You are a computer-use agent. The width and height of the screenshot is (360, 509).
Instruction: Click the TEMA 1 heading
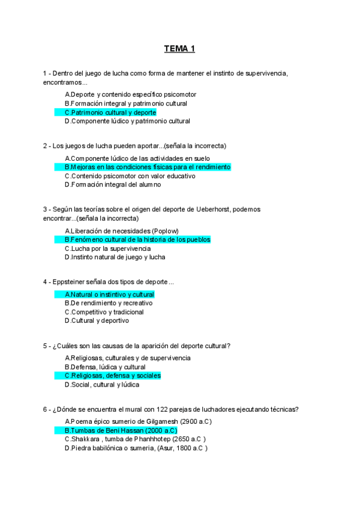(179, 49)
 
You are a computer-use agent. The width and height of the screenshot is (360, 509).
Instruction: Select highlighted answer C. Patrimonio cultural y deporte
(110, 112)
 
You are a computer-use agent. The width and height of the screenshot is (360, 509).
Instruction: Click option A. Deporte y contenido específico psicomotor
(130, 95)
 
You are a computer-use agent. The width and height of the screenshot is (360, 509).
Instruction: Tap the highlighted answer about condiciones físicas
(147, 167)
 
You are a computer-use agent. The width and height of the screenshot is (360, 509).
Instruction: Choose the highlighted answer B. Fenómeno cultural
(137, 239)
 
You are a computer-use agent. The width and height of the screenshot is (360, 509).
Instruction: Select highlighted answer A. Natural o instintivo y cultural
(109, 295)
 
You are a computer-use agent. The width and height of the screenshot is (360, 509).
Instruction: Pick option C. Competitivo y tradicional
(104, 312)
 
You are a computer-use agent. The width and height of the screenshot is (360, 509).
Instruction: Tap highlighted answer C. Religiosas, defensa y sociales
(113, 376)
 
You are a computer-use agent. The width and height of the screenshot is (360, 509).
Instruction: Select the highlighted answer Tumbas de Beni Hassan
(121, 430)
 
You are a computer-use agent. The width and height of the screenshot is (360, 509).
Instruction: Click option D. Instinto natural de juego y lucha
(115, 257)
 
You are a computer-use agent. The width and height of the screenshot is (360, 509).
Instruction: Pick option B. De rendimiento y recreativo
(109, 303)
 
